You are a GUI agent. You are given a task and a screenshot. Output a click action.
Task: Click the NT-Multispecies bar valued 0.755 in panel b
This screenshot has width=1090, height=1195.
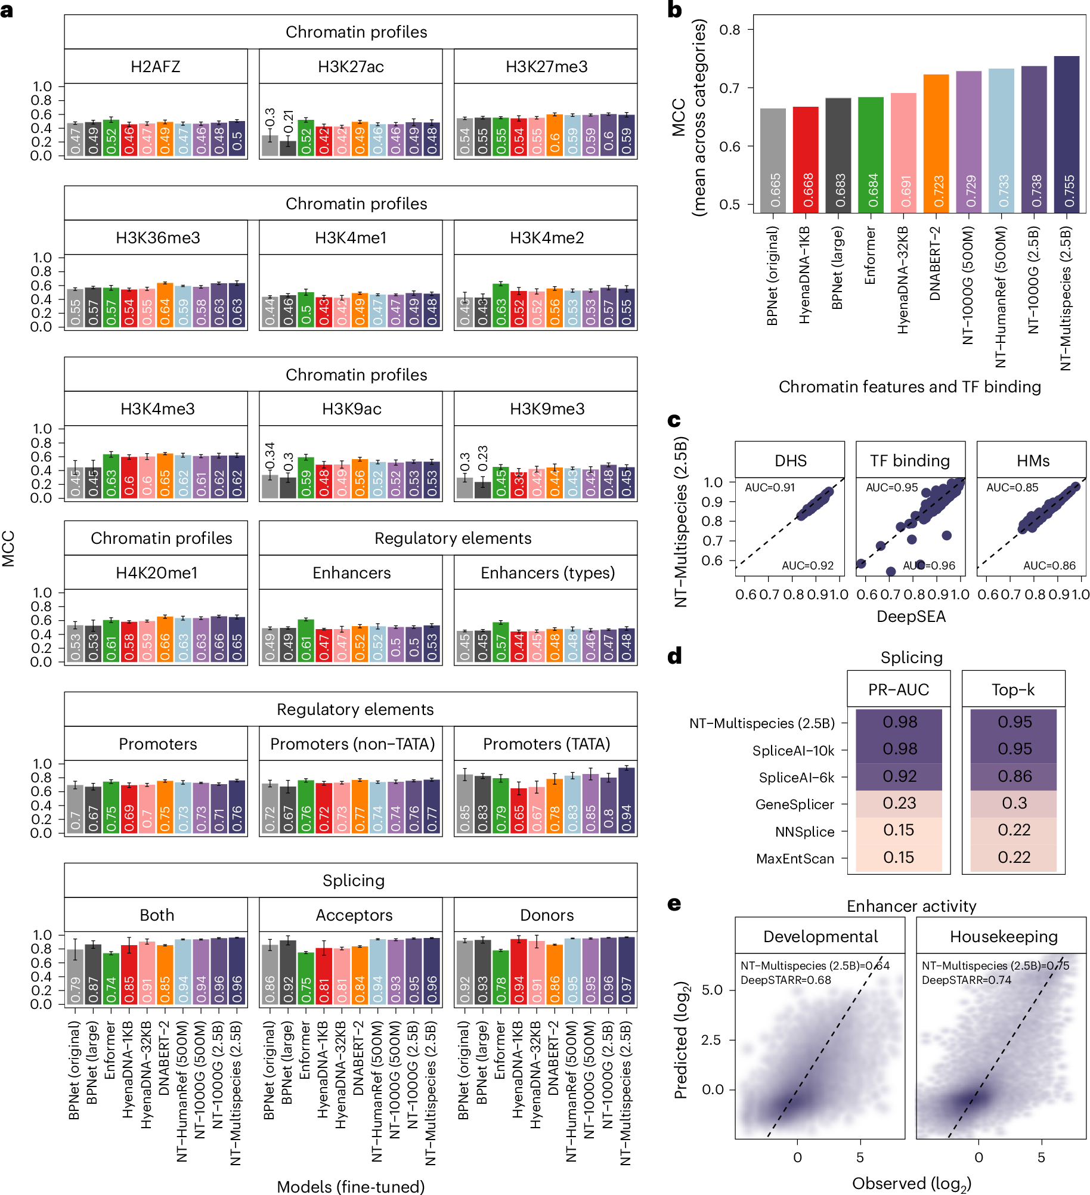click(1066, 135)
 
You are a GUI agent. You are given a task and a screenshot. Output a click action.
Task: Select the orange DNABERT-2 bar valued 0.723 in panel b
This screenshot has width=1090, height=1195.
click(936, 144)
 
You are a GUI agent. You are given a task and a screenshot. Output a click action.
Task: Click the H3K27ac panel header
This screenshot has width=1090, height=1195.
click(351, 66)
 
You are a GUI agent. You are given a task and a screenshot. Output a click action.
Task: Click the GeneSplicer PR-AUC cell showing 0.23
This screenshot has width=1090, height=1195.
click(899, 803)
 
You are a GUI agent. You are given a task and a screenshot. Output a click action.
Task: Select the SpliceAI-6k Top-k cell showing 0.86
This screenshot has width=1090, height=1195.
click(1014, 776)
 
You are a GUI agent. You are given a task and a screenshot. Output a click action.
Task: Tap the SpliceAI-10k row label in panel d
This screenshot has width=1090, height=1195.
click(792, 751)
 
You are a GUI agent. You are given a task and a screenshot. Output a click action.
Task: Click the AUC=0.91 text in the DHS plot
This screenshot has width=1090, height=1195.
click(769, 488)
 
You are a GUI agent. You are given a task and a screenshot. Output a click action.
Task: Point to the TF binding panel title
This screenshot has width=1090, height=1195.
click(909, 461)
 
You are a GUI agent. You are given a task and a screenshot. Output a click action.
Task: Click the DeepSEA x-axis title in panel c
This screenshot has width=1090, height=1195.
click(911, 617)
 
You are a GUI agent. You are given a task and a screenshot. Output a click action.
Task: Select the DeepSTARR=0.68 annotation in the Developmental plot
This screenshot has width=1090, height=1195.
click(785, 980)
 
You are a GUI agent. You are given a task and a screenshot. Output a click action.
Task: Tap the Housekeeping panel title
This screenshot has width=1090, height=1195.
click(1003, 937)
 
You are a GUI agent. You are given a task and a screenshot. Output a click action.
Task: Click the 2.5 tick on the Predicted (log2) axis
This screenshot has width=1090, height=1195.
click(712, 1040)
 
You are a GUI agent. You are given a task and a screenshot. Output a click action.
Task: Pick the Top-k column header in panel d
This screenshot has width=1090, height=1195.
click(1012, 690)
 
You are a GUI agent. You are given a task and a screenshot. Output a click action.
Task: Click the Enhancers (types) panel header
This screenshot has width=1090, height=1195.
click(547, 573)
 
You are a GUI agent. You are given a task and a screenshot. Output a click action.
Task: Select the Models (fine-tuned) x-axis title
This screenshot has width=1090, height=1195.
click(351, 1186)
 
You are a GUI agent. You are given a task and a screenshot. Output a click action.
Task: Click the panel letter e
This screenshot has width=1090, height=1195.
click(674, 905)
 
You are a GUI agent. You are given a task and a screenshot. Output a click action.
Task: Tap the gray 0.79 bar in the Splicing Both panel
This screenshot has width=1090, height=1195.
click(75, 977)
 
